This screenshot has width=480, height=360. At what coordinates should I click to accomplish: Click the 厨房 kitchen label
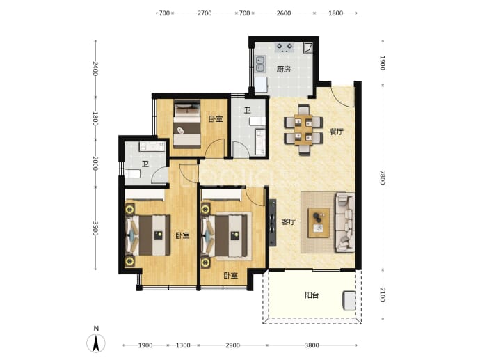283,69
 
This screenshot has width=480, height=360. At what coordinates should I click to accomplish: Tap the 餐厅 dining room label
337,132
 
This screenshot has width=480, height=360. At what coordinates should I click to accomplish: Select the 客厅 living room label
289,222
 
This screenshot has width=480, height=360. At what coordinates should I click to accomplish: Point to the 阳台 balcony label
312,295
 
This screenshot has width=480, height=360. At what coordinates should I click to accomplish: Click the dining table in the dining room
303,130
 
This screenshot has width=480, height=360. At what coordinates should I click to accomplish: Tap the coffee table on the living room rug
319,223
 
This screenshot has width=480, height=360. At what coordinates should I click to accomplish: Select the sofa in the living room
345,222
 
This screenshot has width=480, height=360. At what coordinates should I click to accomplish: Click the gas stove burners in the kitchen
285,47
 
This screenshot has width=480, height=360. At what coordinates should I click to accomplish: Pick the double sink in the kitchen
260,64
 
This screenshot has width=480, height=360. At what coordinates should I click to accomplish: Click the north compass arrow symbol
96,343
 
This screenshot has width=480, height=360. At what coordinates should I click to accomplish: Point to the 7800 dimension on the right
382,177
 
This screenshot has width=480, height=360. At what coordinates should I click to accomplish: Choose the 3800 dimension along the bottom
312,345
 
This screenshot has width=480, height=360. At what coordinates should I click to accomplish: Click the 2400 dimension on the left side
95,69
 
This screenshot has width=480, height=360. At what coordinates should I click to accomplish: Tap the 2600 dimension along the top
283,13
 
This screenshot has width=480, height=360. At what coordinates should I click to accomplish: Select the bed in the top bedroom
186,125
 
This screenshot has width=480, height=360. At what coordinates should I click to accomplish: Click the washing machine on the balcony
349,300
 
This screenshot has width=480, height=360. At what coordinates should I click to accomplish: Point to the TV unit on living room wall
273,223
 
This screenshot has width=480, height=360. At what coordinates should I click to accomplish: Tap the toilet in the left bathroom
132,173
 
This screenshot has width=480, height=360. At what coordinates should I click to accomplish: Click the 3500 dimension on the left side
95,228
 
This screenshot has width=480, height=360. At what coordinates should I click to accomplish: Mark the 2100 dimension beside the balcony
382,294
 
